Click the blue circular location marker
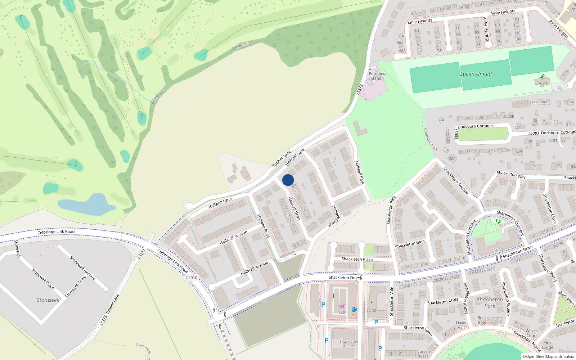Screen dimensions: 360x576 coord(288,180)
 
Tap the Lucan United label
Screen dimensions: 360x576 coord(476,74)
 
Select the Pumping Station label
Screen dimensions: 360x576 coord(377,76)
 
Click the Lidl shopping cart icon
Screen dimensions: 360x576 coord(342,307)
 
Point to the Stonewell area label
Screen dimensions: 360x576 coord(48,300)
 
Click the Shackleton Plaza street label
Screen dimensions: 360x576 coord(357,259)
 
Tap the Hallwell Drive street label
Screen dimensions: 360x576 coord(294,208)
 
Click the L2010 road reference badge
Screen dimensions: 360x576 coord(192,278)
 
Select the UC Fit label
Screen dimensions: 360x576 coord(542,83)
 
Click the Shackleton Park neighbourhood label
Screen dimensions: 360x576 coord(490,302)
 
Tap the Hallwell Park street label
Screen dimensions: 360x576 coord(359,172)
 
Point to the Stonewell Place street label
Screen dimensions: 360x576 coord(43,279)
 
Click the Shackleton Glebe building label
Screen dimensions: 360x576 coord(348,343)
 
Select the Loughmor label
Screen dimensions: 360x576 coord(541,102)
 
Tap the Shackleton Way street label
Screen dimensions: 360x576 coord(511,175)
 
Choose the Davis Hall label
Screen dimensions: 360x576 coord(461,325)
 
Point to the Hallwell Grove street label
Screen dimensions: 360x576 coord(335,216)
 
